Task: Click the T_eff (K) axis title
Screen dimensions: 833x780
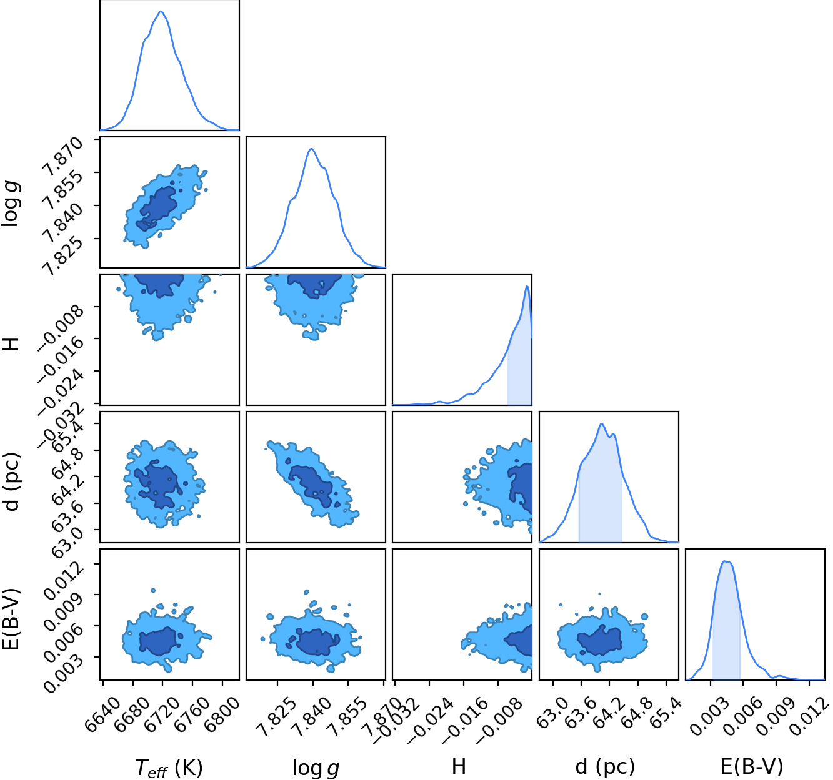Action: point(169,768)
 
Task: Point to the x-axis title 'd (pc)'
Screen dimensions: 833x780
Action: point(605,767)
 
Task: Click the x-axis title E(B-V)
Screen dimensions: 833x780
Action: point(752,767)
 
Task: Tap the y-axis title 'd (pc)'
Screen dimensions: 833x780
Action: point(11,482)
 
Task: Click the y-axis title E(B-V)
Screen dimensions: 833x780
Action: point(11,620)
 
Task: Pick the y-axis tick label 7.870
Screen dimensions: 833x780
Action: point(63,157)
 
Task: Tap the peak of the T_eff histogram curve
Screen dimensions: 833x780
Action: point(161,11)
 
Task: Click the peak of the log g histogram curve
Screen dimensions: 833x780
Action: point(311,149)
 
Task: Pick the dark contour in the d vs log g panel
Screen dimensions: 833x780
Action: point(311,486)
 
